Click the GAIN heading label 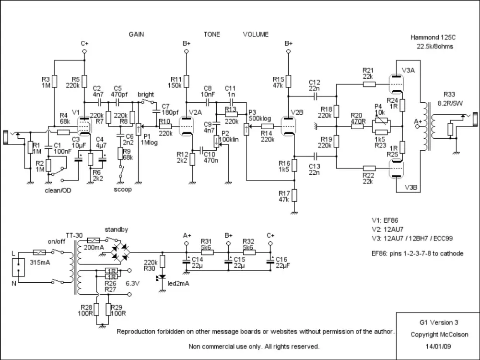click(x=136, y=35)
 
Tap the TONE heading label click(x=212, y=35)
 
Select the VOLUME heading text click(x=256, y=35)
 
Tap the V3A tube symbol click(x=396, y=84)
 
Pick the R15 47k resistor click(x=288, y=82)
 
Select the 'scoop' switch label click(x=123, y=189)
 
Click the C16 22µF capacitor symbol click(x=269, y=261)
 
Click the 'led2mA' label click(x=178, y=283)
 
